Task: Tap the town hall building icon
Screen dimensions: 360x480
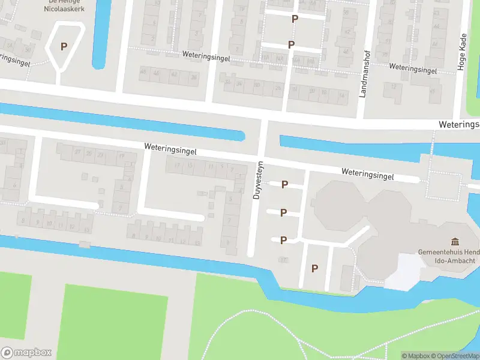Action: click(455, 241)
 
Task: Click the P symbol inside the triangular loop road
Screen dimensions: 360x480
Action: click(64, 46)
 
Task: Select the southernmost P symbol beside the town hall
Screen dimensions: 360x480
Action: click(314, 268)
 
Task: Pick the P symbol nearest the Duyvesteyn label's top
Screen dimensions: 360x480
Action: click(285, 184)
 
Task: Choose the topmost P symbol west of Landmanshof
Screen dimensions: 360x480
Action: click(295, 19)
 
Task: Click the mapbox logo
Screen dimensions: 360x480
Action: click(26, 352)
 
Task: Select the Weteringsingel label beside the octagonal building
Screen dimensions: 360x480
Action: click(367, 174)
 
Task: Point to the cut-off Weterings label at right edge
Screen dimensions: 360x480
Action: click(459, 124)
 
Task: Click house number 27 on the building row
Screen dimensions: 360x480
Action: click(77, 152)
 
